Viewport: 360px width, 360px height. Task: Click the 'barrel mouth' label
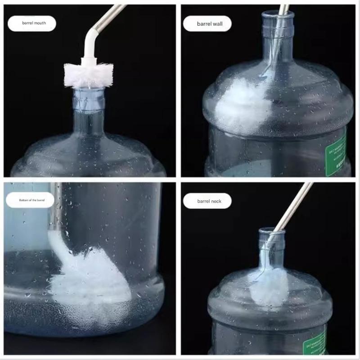point(32,23)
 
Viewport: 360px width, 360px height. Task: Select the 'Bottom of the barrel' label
point(30,200)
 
